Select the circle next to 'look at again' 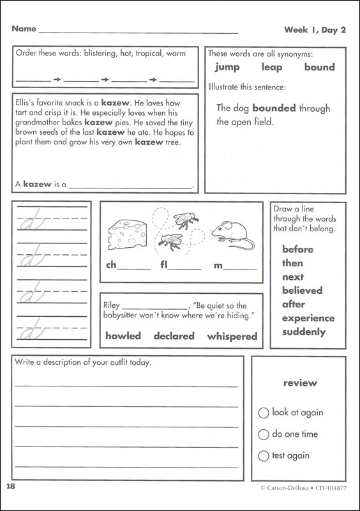coord(264,413)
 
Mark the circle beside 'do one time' coord(264,434)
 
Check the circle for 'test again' coord(264,456)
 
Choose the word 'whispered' coord(232,336)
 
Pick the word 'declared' coord(174,336)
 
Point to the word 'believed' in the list coord(303,291)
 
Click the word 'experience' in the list coord(308,318)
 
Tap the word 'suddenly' coord(304,332)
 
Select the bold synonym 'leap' coord(272,67)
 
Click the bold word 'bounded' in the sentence coord(274,108)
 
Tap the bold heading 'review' coord(299,383)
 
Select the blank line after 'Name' coord(138,30)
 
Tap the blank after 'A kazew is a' coord(130,185)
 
